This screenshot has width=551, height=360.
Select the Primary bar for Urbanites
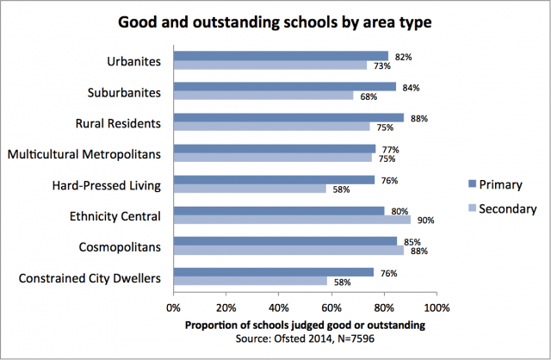point(281,56)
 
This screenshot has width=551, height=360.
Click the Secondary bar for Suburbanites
point(263,96)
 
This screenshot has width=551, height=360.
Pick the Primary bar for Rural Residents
point(288,117)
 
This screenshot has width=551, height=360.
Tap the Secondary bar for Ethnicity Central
point(292,220)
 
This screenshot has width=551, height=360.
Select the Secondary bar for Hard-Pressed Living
point(250,189)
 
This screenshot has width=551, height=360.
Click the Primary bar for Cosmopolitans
point(285,241)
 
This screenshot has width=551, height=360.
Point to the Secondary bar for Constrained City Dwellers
point(250,282)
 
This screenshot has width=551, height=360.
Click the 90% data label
point(425,220)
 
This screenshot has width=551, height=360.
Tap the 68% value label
point(368,96)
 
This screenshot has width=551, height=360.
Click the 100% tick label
point(436,307)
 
